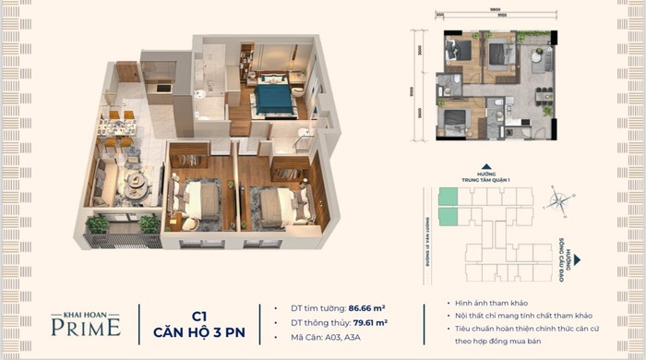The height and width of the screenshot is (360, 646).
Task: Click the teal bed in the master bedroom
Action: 273,97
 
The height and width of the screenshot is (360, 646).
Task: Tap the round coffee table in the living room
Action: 136,181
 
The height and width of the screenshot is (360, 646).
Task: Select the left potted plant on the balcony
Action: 97,223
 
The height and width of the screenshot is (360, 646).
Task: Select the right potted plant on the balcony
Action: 148,223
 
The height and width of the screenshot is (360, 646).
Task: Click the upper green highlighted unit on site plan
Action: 447,196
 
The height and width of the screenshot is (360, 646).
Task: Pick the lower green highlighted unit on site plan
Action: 447,216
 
